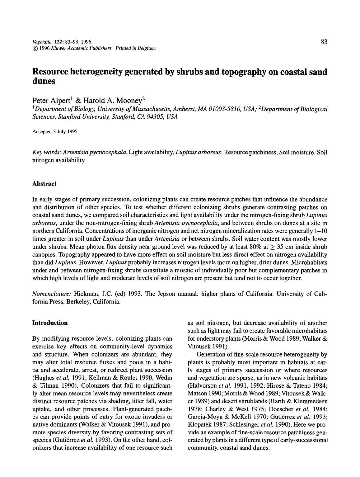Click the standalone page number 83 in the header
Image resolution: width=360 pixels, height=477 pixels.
coord(324,42)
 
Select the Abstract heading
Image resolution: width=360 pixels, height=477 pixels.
coord(44,184)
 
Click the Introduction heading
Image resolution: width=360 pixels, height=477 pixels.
coord(50,323)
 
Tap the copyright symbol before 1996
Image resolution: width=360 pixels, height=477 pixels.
coord(35,49)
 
